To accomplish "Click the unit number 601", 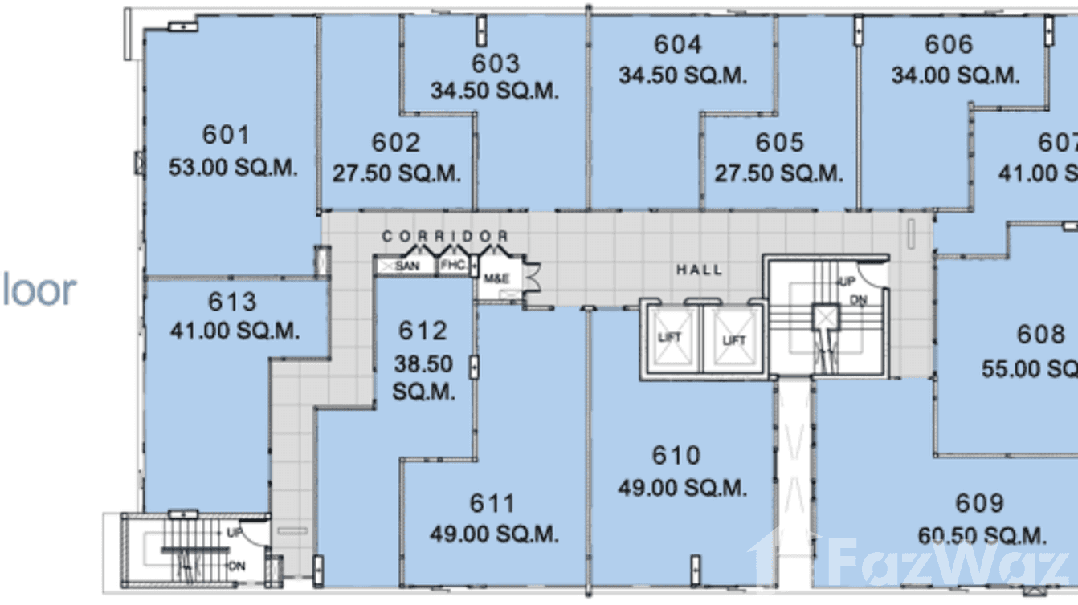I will tap(226, 135).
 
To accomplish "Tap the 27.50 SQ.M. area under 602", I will tap(397, 173).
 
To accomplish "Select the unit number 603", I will tap(495, 63).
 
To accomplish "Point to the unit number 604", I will tap(677, 45).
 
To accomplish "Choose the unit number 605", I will tap(779, 143).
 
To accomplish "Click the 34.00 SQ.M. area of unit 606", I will tap(955, 75).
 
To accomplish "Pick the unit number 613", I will tap(232, 302).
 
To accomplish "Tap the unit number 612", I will tap(423, 331).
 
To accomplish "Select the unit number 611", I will tap(492, 504).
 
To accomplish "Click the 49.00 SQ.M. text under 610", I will tap(682, 487).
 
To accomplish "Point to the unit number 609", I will tap(979, 504).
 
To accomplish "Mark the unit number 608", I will tap(1039, 334).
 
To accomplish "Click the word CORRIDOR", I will tap(445, 237).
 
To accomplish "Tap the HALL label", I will tap(699, 270).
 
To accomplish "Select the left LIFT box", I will tap(669, 338).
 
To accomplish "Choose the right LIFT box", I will tap(733, 339).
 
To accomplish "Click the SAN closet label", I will tap(406, 266).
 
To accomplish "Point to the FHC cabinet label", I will tap(452, 266).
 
